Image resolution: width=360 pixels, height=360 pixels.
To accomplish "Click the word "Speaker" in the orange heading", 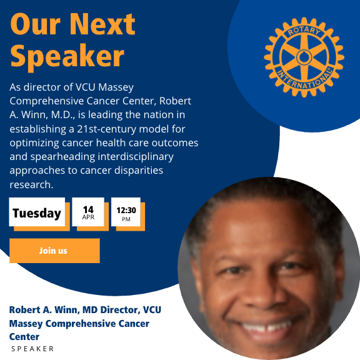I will (67, 56).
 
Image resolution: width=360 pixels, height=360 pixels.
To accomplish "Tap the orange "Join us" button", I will (54, 251).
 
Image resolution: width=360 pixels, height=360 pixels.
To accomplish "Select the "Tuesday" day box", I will (37, 213).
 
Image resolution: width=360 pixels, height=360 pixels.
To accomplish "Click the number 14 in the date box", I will (88, 209).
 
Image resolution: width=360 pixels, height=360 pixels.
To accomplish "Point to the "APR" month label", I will (88, 218).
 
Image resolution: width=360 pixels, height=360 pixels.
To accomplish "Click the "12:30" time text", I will (126, 210).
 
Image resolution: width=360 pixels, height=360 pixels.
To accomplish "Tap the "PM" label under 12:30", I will (126, 219).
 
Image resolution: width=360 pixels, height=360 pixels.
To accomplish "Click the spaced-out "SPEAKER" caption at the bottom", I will (33, 349).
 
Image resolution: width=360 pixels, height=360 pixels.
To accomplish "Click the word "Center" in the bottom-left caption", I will (24, 337).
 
